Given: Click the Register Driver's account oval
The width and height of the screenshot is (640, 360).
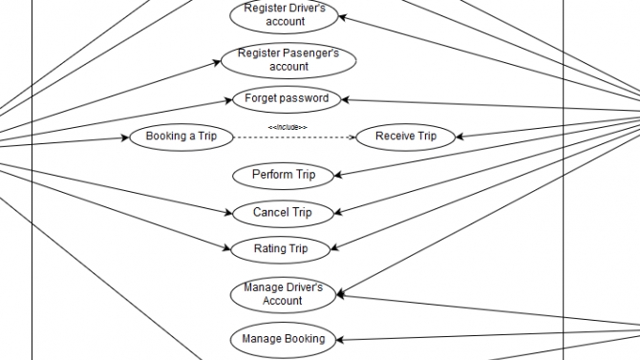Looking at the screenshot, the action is pos(284,15).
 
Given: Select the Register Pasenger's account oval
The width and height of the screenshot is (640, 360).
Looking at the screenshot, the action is pos(288,60).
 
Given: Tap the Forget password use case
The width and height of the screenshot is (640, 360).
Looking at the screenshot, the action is pos(287,98).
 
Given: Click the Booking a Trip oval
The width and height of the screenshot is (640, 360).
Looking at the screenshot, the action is pos(181,138).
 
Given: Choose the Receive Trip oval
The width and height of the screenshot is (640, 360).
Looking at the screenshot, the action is pos(406,138).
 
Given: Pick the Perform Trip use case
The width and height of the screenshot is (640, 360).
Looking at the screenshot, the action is pos(284,176).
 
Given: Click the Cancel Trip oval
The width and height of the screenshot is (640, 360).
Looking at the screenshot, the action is pos(283,213).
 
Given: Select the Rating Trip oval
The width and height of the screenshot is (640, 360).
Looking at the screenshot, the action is pos(281,249).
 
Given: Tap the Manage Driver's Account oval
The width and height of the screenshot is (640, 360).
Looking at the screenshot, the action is pos(283,295).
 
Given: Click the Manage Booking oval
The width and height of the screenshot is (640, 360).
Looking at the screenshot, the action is pos(283,340).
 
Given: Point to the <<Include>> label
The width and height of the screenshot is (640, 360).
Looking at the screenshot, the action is pos(288,127).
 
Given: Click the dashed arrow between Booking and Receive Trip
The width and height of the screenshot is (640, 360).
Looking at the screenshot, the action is pos(294,138).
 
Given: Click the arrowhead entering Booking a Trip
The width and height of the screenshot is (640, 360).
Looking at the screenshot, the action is pos(125,138).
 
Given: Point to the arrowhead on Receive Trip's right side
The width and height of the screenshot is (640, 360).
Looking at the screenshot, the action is pos(459,137).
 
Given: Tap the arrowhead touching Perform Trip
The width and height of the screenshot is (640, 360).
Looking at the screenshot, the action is pos(338,176).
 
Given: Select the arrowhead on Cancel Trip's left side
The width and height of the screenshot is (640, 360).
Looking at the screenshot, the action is pos(228,212).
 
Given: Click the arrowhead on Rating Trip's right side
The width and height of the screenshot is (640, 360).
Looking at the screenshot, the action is pos(334,247).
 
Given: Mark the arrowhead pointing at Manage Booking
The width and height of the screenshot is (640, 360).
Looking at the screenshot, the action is pos(340,340).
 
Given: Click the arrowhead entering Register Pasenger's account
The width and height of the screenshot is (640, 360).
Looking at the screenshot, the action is pos(217,62).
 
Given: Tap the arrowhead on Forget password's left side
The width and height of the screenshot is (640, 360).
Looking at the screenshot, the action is pos(228,100).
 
